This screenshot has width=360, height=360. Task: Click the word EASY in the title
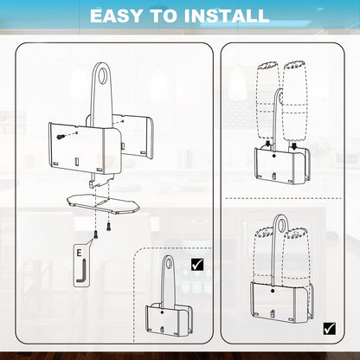tap(116, 16)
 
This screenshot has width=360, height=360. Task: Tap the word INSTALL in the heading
tap(227, 16)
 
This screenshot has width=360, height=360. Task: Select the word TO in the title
tap(164, 16)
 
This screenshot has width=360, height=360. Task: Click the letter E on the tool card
tap(79, 253)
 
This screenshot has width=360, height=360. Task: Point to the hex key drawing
tap(81, 272)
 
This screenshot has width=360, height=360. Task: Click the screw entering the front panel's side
tap(61, 137)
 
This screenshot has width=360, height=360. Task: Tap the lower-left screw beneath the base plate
tap(95, 235)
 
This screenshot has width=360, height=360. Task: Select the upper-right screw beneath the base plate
tap(109, 227)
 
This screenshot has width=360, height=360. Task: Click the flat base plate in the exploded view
tap(103, 203)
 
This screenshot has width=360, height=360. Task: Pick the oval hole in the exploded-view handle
tap(102, 75)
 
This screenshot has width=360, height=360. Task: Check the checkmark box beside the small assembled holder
tap(197, 264)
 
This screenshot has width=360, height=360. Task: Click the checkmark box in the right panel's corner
tap(330, 328)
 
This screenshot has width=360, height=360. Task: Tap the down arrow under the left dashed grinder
tap(268, 144)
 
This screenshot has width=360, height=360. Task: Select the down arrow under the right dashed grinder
tap(294, 146)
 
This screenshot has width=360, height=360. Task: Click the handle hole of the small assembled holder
tap(169, 264)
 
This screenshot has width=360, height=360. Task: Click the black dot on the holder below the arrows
tap(273, 156)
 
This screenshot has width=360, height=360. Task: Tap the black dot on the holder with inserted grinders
tap(273, 291)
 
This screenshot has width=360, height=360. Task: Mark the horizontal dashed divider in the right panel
tap(283, 198)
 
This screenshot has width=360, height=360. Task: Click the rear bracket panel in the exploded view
tap(132, 136)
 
